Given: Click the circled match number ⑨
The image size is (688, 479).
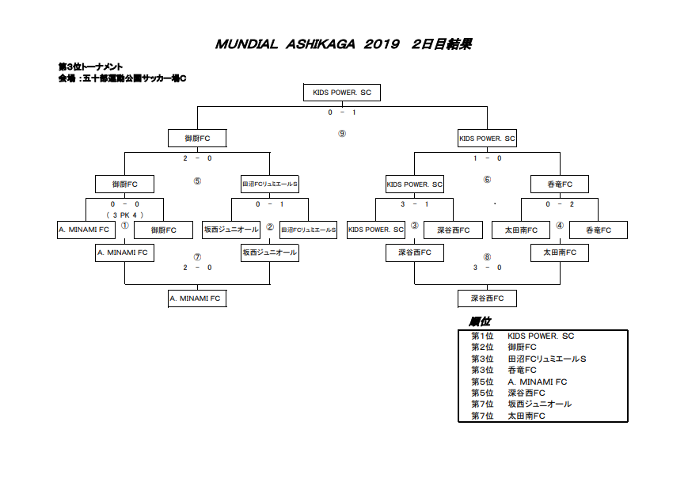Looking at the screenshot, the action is (342, 133).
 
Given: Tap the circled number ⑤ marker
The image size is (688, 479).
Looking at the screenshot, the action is (197, 181).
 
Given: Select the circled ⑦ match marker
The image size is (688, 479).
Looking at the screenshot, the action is (197, 257).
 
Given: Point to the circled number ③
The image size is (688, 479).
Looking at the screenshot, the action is (414, 226).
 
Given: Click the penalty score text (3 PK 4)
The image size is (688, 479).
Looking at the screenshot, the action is (125, 215).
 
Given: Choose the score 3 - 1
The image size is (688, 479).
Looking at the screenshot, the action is (415, 204).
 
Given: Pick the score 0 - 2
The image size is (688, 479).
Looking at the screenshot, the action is (560, 204).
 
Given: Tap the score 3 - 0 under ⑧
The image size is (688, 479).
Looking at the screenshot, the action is (487, 268).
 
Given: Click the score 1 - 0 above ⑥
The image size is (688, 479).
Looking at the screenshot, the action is (487, 158).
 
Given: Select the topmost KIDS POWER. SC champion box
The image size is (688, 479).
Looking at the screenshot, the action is (342, 93).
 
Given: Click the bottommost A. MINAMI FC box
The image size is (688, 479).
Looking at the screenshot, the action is (197, 298).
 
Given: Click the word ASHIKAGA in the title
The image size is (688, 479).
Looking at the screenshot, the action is (321, 44).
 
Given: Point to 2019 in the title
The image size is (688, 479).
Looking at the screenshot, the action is (382, 44).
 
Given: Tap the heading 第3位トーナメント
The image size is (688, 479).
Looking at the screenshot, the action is (90, 67).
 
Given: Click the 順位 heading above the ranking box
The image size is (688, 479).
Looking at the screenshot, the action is (480, 322).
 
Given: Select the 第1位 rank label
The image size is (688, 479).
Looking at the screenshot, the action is (482, 336).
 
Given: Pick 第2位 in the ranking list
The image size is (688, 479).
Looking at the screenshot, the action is (482, 347).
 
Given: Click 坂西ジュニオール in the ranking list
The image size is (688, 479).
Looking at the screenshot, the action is (540, 404).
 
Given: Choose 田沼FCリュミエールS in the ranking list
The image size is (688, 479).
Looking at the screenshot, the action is (547, 359).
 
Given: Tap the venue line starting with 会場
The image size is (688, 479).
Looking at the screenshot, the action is (123, 78).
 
